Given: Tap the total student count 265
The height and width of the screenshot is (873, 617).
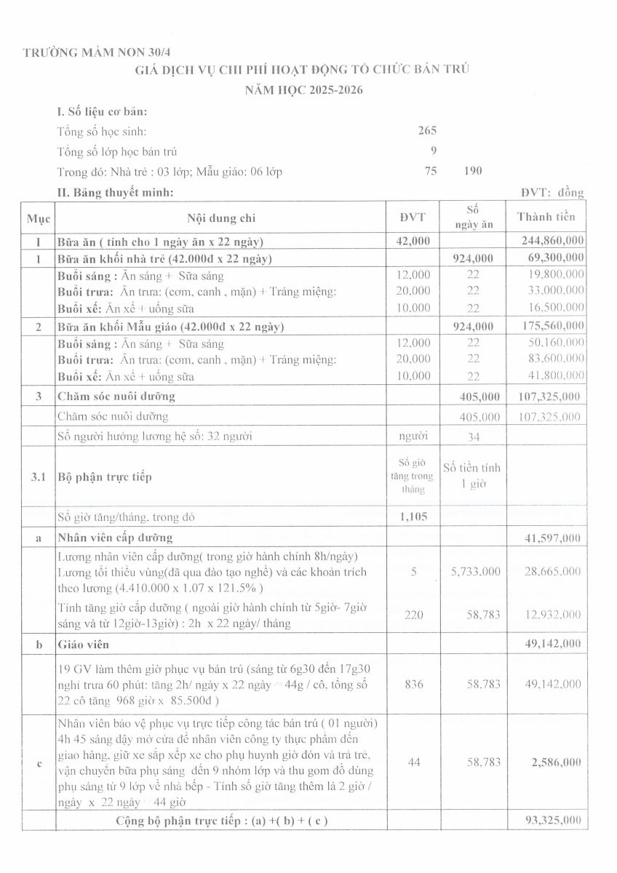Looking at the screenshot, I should point(427,131).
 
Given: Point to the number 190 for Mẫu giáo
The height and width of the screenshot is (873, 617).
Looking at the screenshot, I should point(473,171).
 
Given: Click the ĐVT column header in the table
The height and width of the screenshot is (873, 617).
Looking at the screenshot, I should point(413,217).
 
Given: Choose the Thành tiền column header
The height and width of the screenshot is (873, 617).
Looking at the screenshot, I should point(546,217).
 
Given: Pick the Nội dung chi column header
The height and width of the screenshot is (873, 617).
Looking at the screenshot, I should point(221,217).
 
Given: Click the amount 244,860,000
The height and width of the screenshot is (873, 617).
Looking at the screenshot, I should point(552,241).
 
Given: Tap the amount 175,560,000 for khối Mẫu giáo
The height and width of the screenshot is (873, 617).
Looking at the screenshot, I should point(552,327).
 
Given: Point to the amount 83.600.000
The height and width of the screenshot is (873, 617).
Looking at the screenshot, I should point(554,359).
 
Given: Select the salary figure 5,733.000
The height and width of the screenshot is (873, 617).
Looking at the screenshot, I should point(475,572).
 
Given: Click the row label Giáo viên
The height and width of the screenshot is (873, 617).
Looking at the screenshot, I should point(81,644).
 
